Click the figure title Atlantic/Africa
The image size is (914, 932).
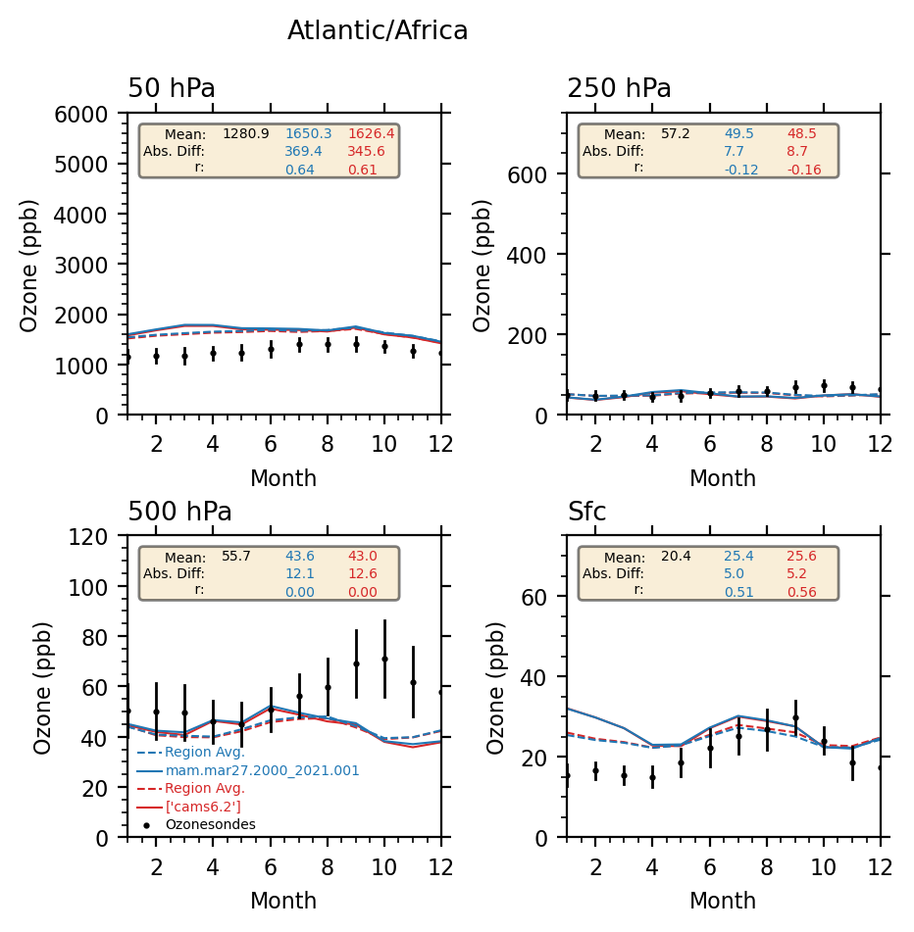[378, 31]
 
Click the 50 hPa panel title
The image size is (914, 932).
[172, 89]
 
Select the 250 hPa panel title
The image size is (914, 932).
[619, 89]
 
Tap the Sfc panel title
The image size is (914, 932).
[586, 513]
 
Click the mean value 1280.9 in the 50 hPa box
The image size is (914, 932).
[245, 133]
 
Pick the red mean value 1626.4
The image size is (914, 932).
[371, 133]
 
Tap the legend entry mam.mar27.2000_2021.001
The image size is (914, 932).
[262, 770]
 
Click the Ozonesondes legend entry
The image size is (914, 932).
[210, 825]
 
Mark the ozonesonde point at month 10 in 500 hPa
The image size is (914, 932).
[384, 659]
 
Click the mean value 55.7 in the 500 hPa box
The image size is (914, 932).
[236, 556]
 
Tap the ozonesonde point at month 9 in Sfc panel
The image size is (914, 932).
[795, 717]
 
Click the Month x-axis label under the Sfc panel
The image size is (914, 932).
[723, 901]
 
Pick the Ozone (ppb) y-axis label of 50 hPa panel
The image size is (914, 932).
[30, 265]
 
